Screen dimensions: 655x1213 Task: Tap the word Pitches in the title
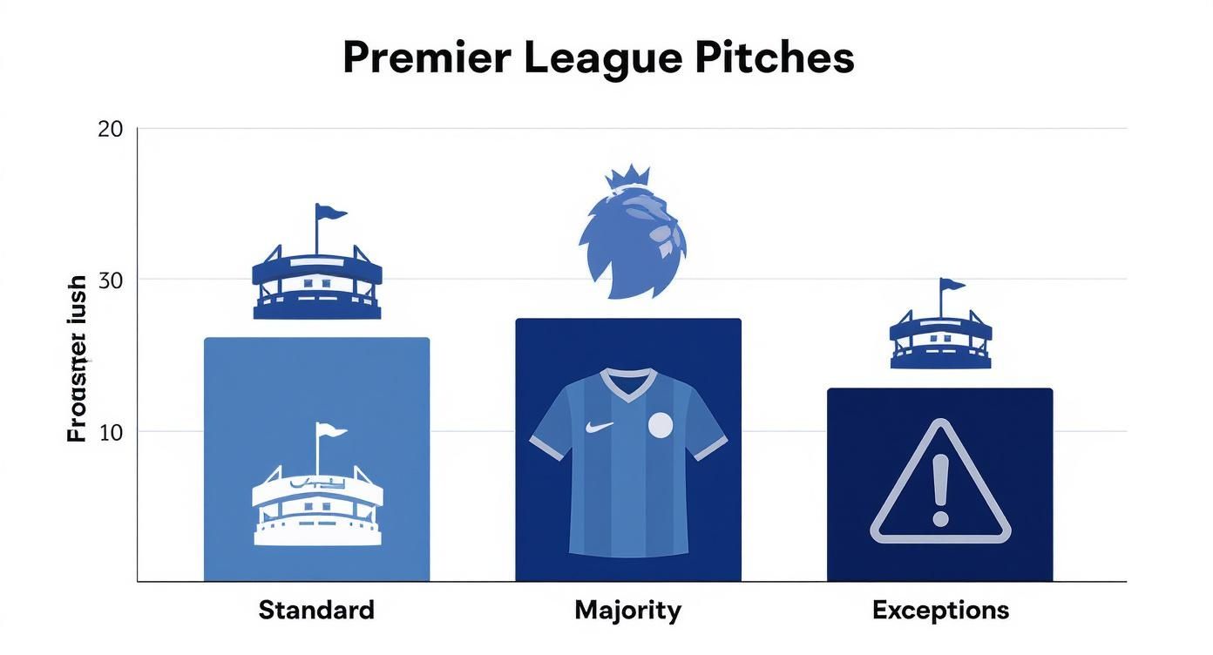point(775,58)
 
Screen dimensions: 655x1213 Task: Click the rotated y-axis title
point(78,359)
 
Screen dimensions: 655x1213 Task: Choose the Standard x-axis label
point(316,610)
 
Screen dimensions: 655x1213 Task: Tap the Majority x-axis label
point(627,610)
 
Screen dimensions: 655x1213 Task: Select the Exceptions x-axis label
point(940,610)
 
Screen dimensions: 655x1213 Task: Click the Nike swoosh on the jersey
point(600,427)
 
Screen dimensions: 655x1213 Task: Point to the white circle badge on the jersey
point(661,425)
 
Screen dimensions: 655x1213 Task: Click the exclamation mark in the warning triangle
point(939,490)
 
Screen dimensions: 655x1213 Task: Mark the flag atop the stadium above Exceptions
point(952,284)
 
